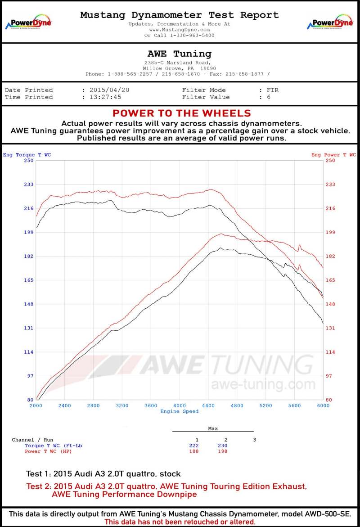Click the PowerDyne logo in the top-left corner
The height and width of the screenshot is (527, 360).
28,22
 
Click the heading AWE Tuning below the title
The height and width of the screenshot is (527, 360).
179,54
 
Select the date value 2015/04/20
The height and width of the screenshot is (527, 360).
109,90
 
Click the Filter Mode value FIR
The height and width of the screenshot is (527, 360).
272,90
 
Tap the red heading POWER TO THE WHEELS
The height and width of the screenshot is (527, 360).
181,113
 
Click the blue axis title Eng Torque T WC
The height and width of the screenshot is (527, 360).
27,155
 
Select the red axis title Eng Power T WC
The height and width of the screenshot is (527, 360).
333,155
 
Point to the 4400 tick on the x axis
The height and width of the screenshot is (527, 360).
208,405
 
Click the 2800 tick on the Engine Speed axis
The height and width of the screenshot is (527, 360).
93,405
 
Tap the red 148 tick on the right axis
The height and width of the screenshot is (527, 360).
330,304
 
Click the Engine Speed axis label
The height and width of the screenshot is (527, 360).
179,411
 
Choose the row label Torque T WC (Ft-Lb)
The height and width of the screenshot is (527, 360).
53,446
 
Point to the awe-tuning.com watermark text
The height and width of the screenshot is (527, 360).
263,385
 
